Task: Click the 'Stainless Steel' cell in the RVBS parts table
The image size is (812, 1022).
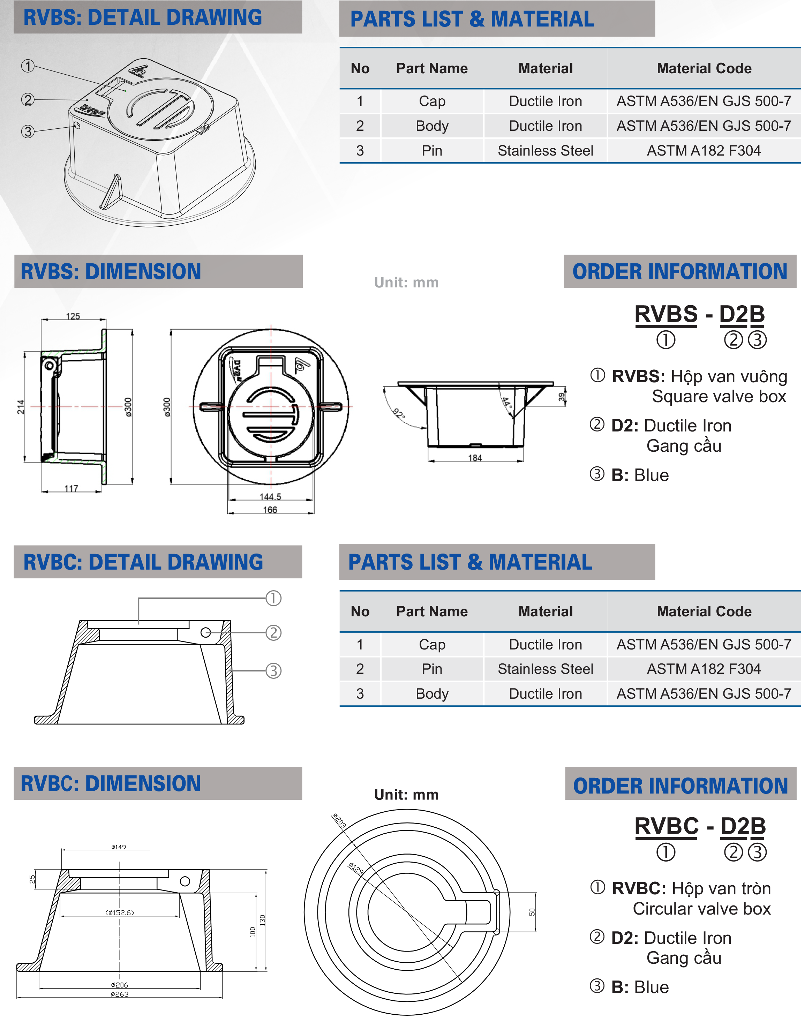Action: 545,151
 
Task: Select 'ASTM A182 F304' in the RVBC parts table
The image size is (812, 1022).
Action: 704,669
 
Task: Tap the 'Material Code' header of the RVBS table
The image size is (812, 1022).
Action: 704,68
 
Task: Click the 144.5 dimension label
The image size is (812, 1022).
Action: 270,497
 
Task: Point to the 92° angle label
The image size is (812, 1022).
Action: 399,414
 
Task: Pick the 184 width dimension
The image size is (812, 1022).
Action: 475,458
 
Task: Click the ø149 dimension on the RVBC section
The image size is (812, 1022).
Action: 119,847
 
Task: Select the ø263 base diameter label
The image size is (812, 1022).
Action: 119,994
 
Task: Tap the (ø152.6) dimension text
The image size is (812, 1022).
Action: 119,912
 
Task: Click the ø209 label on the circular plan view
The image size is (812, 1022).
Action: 339,820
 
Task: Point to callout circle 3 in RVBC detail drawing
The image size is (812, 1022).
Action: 273,671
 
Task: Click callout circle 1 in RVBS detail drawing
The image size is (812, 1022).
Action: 28,66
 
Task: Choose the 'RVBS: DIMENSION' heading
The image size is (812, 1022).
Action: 111,272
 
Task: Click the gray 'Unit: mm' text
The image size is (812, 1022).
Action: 406,283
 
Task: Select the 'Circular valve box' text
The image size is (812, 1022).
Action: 701,909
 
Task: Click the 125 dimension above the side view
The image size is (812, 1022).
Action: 73,316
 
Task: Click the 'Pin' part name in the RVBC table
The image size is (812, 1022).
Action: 432,669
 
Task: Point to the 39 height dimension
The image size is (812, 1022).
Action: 561,397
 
